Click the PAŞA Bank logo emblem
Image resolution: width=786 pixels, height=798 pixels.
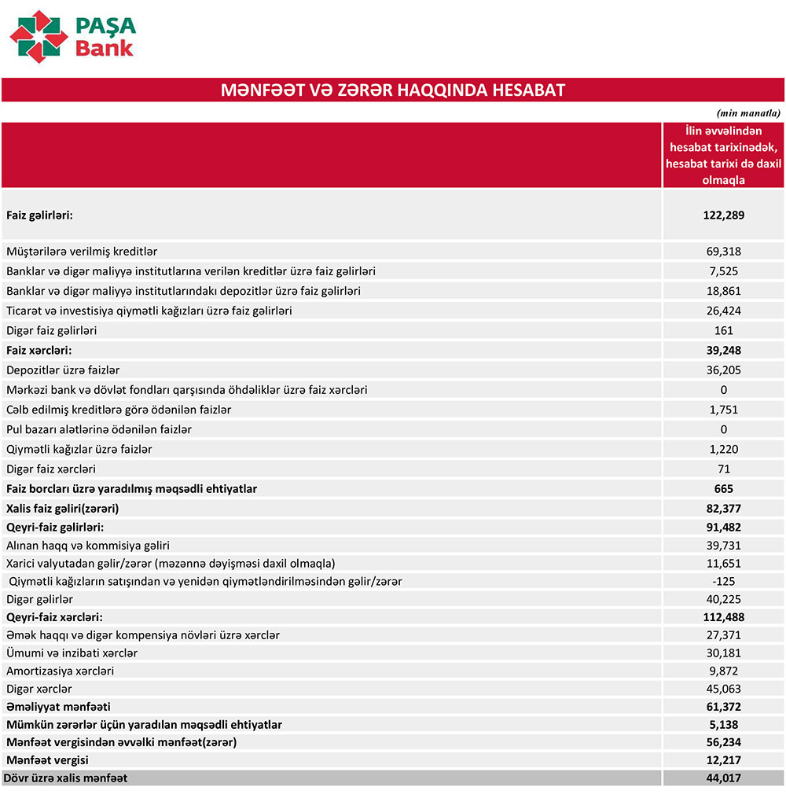(x=39, y=36)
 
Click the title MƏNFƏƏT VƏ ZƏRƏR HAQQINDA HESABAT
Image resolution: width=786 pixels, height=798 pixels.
(x=393, y=90)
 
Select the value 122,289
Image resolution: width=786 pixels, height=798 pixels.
(x=723, y=215)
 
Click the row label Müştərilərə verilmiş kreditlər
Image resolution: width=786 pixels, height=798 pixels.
(x=82, y=252)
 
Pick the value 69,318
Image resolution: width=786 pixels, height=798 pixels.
(x=723, y=252)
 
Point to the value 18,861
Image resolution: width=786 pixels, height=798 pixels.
(x=723, y=291)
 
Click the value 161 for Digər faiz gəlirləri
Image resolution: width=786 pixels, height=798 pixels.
(x=723, y=330)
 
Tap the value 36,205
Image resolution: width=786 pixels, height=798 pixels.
(x=723, y=370)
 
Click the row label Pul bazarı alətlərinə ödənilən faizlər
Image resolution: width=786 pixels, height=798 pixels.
(x=99, y=429)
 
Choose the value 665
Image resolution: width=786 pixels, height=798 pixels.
(x=723, y=488)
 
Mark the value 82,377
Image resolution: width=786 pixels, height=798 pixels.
(x=723, y=508)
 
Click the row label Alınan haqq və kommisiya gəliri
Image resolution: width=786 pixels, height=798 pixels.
(x=88, y=545)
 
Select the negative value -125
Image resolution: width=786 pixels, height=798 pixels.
(x=723, y=581)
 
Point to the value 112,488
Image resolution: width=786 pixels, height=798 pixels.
(x=723, y=617)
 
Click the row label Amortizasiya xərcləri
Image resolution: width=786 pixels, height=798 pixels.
(x=60, y=671)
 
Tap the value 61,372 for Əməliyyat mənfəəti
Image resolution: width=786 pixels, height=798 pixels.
(x=723, y=707)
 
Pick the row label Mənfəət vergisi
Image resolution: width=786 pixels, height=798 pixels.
(x=47, y=760)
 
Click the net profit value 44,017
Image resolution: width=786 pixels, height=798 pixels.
(x=723, y=778)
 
